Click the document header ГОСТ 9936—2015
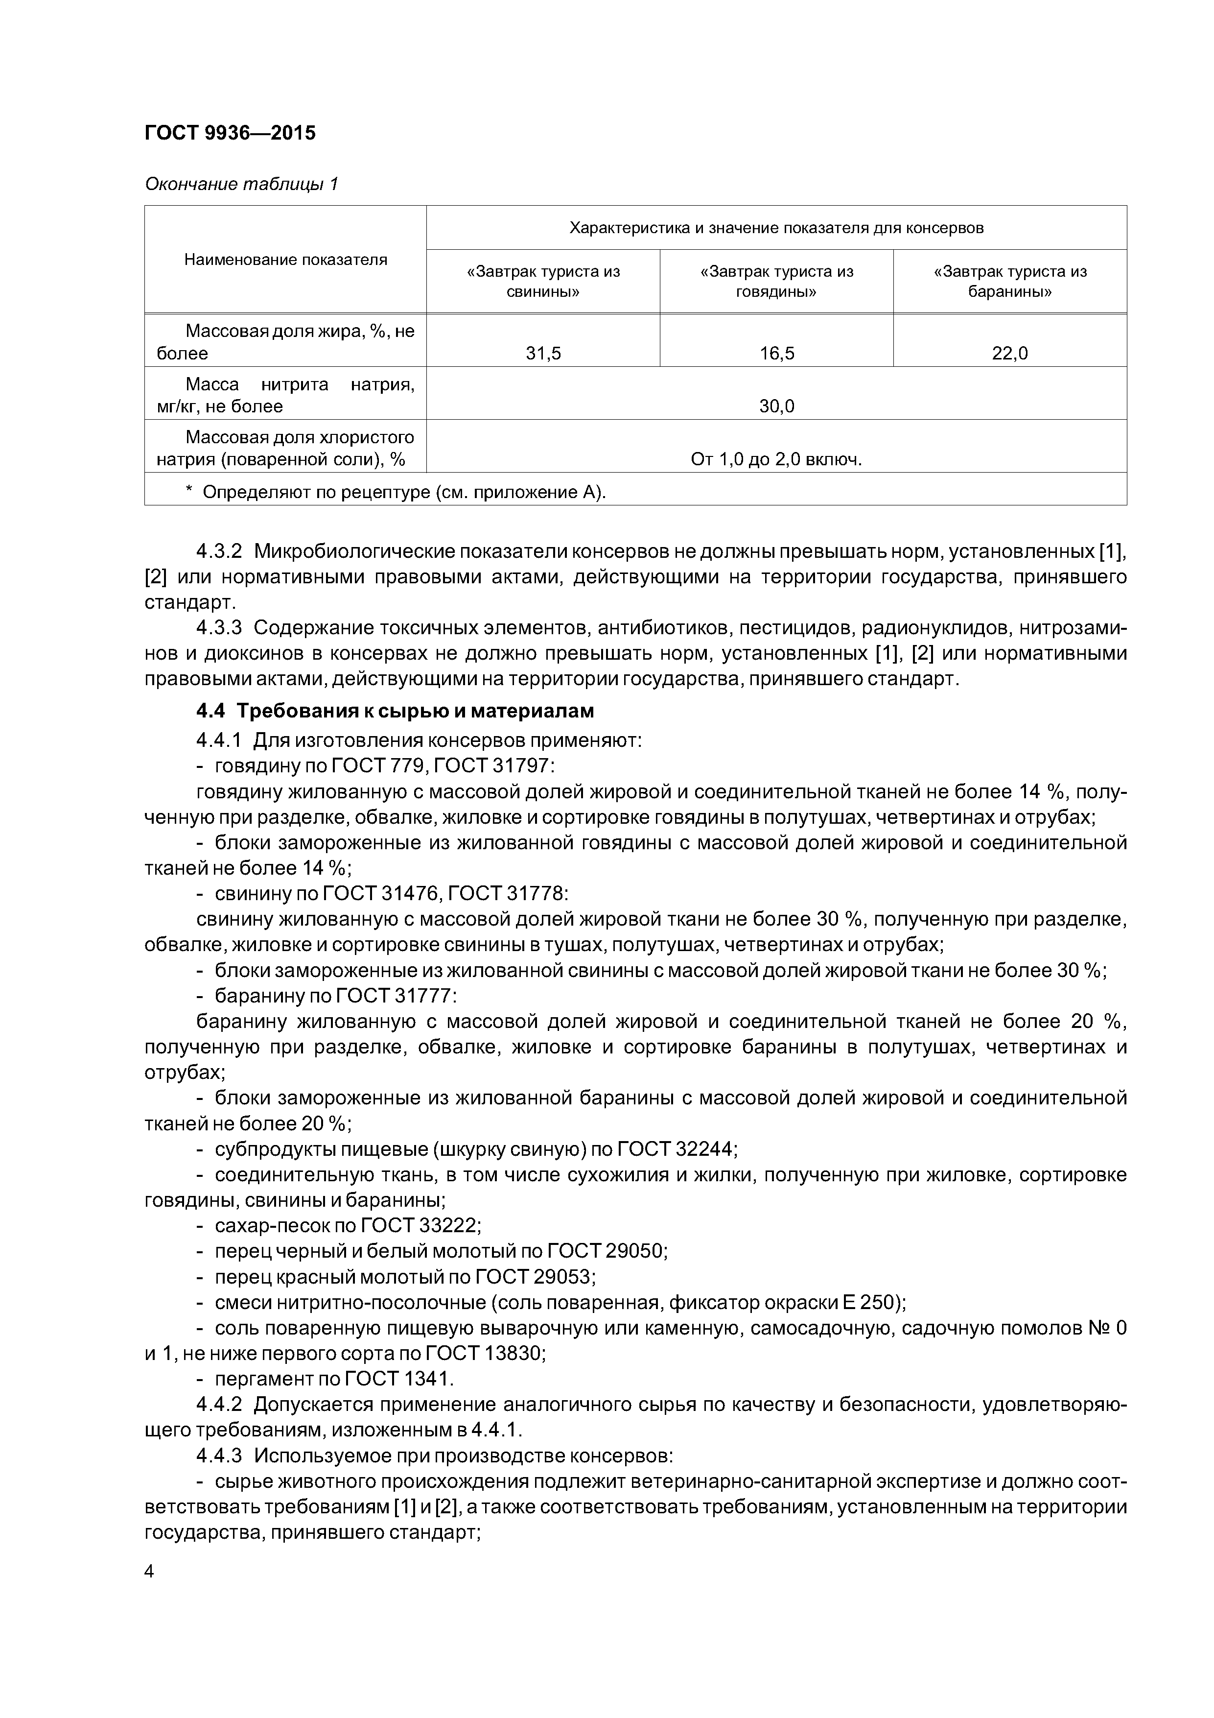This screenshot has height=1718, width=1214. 230,133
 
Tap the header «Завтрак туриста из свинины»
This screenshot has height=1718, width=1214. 543,281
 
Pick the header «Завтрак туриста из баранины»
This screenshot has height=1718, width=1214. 1010,281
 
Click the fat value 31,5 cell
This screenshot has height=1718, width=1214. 543,353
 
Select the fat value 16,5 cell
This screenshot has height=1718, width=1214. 776,353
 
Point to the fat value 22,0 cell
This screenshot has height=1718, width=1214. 1010,353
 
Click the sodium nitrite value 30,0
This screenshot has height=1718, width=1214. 776,406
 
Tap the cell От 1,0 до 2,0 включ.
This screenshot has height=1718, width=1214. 776,459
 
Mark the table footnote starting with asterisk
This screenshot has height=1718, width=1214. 397,492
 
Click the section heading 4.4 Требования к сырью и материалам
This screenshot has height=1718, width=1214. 395,710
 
